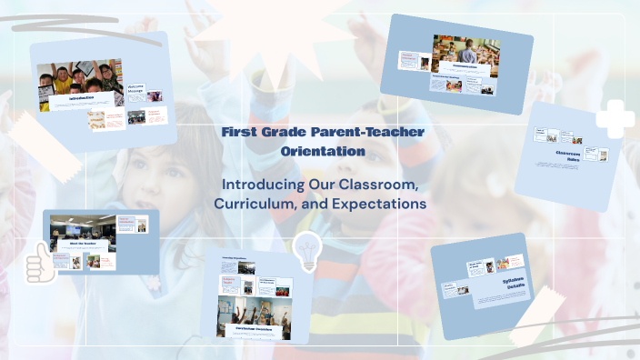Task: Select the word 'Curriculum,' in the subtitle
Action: pos(253,205)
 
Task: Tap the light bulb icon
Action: pos(306,250)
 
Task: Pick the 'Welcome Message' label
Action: pos(134,91)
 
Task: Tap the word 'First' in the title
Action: pos(238,133)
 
